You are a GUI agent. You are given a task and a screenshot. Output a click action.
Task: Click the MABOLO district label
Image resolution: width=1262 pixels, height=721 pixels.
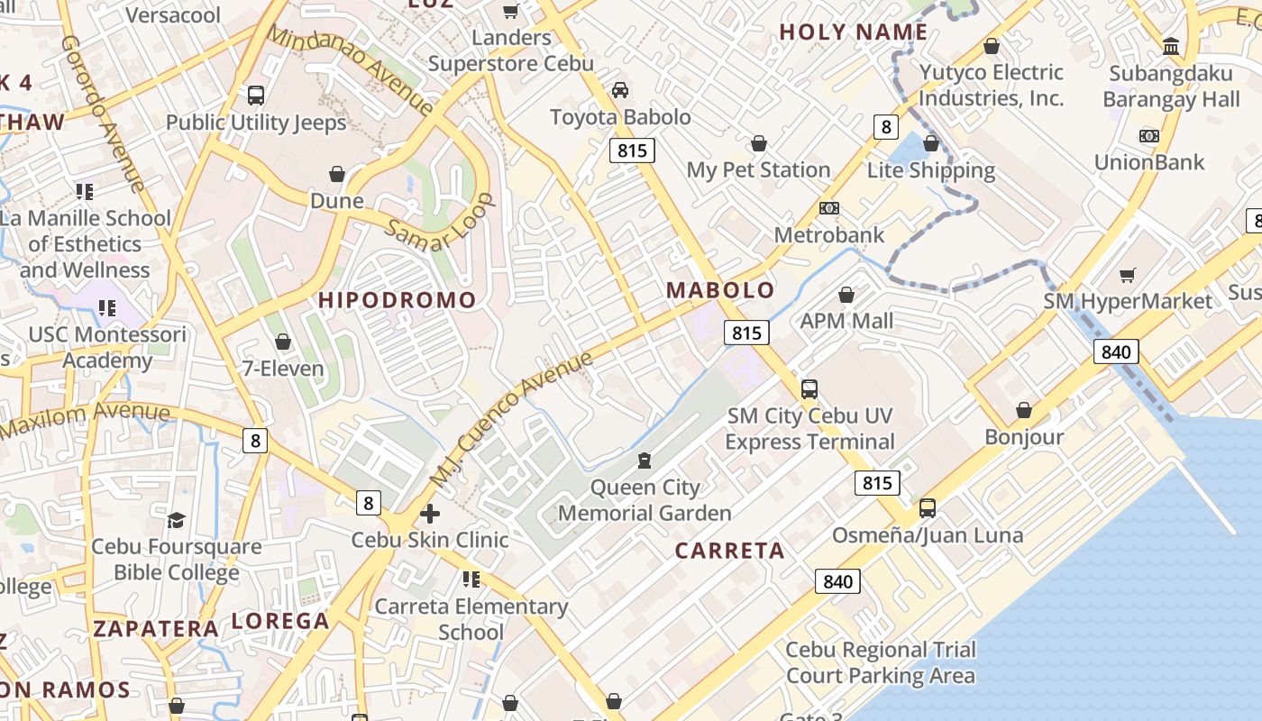[720, 290]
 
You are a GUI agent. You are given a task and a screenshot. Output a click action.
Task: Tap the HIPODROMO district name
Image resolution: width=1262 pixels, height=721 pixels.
[398, 300]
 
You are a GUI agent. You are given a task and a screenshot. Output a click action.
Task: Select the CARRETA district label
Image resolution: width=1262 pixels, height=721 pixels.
[729, 551]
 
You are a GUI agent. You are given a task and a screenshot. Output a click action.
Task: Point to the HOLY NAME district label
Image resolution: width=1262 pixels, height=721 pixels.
[853, 32]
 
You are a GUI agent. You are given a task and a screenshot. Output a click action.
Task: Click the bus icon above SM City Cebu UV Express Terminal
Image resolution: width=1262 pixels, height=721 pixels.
[809, 389]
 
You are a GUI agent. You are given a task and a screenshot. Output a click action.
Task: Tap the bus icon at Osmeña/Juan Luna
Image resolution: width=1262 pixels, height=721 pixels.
[928, 508]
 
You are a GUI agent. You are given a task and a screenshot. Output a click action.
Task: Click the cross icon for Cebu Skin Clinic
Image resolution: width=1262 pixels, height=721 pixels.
[430, 514]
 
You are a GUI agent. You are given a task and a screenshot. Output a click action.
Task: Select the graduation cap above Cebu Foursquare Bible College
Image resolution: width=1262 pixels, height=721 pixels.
[177, 520]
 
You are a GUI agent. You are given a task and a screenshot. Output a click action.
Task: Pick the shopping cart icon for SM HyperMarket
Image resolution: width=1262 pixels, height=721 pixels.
[1128, 275]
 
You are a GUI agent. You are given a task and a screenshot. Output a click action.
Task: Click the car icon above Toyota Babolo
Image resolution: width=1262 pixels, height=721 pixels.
[620, 90]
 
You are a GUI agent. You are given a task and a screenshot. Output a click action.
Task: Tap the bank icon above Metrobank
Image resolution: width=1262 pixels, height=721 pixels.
[829, 208]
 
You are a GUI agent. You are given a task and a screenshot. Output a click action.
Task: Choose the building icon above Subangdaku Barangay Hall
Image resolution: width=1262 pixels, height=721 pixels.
[1171, 46]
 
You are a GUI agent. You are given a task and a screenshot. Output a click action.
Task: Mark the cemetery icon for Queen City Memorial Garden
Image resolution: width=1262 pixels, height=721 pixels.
[644, 461]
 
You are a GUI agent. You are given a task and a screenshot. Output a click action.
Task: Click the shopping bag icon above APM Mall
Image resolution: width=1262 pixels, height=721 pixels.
[846, 295]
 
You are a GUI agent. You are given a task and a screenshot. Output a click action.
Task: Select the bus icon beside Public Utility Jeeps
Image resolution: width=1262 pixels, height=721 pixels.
[256, 96]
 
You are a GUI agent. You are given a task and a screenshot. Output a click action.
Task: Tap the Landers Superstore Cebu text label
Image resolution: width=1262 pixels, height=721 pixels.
[511, 50]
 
